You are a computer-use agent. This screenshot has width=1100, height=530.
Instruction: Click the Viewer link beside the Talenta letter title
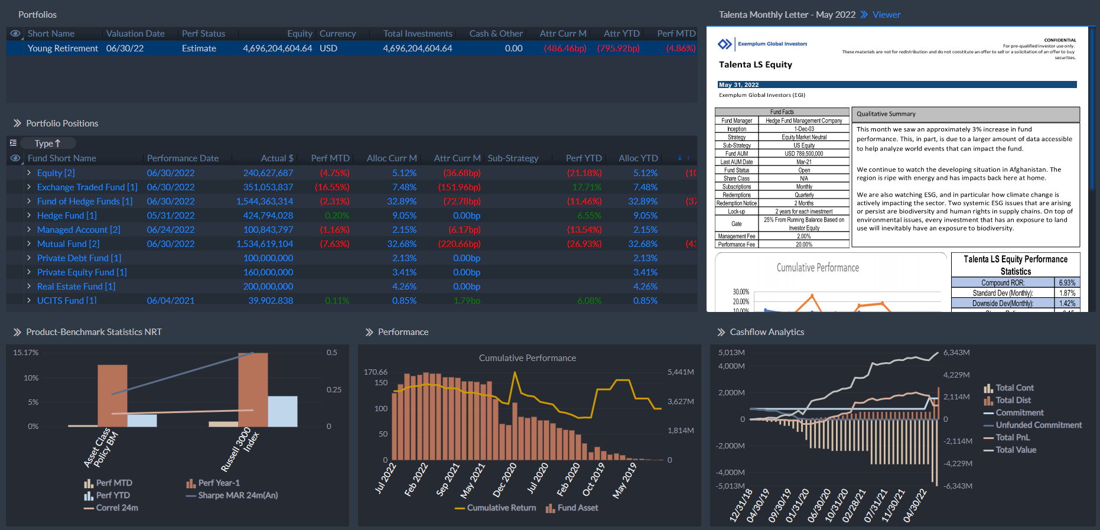pyautogui.click(x=886, y=15)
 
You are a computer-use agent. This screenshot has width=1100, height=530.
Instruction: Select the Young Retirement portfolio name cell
pyautogui.click(x=63, y=48)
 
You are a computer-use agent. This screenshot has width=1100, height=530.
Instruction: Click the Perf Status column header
pyautogui.click(x=203, y=34)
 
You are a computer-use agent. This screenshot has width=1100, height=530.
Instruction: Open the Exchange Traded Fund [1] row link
pyautogui.click(x=87, y=187)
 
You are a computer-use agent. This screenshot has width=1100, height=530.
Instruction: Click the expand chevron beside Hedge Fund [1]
pyautogui.click(x=29, y=216)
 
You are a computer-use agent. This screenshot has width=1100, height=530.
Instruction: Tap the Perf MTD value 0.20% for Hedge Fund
pyautogui.click(x=337, y=216)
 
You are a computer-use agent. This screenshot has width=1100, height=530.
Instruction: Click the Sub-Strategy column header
pyautogui.click(x=513, y=158)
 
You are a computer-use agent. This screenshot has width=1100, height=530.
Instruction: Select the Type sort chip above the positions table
pyautogui.click(x=47, y=144)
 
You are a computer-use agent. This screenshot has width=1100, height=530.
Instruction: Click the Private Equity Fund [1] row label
pyautogui.click(x=82, y=272)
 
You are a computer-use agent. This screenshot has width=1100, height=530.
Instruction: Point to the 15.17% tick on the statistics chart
pyautogui.click(x=26, y=353)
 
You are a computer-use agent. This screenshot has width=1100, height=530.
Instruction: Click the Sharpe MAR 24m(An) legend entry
pyautogui.click(x=237, y=495)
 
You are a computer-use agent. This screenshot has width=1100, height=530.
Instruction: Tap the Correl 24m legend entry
pyautogui.click(x=116, y=508)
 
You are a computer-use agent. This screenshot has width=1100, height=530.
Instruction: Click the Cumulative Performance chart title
pyautogui.click(x=527, y=358)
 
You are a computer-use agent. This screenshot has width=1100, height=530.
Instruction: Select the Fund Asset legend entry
pyautogui.click(x=577, y=508)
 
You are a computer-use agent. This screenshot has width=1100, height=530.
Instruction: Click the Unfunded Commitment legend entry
pyautogui.click(x=1039, y=425)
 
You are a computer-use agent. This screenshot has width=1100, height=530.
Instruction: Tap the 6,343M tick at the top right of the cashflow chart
pyautogui.click(x=956, y=353)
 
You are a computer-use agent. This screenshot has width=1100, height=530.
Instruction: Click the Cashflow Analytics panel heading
pyautogui.click(x=766, y=332)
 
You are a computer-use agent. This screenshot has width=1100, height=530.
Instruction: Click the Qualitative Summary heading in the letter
pyautogui.click(x=886, y=114)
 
